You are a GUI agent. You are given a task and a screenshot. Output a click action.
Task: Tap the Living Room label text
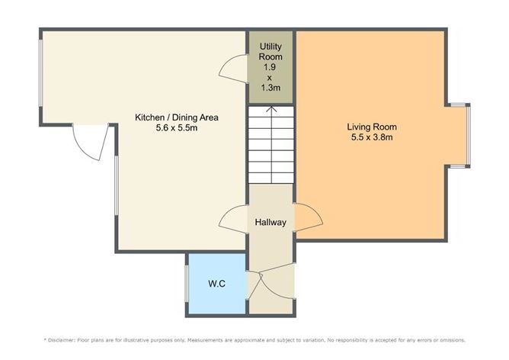[372, 127]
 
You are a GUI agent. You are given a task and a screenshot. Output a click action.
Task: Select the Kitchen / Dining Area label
[178, 117]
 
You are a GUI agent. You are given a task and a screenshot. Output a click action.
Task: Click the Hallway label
[271, 223]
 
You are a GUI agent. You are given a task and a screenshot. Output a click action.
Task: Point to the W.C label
[216, 284]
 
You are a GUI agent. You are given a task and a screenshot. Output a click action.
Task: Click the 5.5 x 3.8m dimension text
[372, 138]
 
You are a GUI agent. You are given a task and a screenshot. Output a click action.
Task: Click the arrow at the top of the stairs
[271, 111]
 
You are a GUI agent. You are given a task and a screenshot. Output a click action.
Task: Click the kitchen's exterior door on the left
[88, 143]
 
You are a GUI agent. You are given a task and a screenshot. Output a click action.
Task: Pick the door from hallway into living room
[309, 219]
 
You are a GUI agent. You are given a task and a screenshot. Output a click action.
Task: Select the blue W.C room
[216, 294]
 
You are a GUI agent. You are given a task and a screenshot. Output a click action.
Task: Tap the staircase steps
[271, 145]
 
